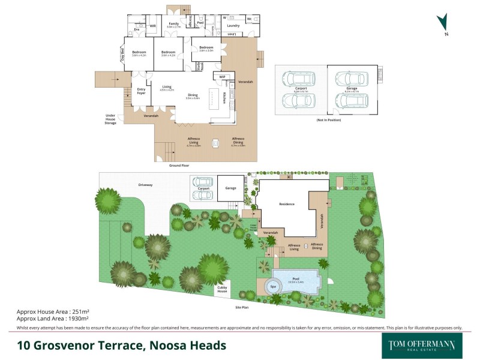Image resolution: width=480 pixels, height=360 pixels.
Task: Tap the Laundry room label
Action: point(233,25)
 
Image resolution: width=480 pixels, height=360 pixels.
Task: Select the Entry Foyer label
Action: point(142,91)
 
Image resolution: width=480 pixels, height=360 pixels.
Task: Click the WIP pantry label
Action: point(222,77)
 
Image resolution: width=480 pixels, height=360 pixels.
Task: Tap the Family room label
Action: point(173,25)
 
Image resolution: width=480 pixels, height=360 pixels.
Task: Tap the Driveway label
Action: point(145,185)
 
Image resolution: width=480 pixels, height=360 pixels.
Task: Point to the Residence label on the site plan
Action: point(287,204)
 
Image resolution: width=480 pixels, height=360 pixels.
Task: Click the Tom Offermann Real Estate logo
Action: point(419,345)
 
